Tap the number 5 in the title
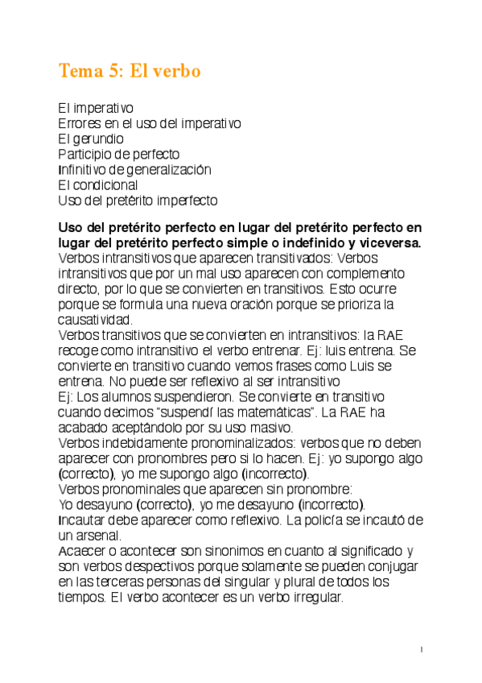pyautogui.click(x=111, y=72)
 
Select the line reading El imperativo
pyautogui.click(x=96, y=107)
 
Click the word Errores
pyautogui.click(x=80, y=122)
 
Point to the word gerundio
pyautogui.click(x=97, y=139)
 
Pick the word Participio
pyautogui.click(x=89, y=154)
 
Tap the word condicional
pyautogui.click(x=104, y=185)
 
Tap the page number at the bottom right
pyautogui.click(x=422, y=648)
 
